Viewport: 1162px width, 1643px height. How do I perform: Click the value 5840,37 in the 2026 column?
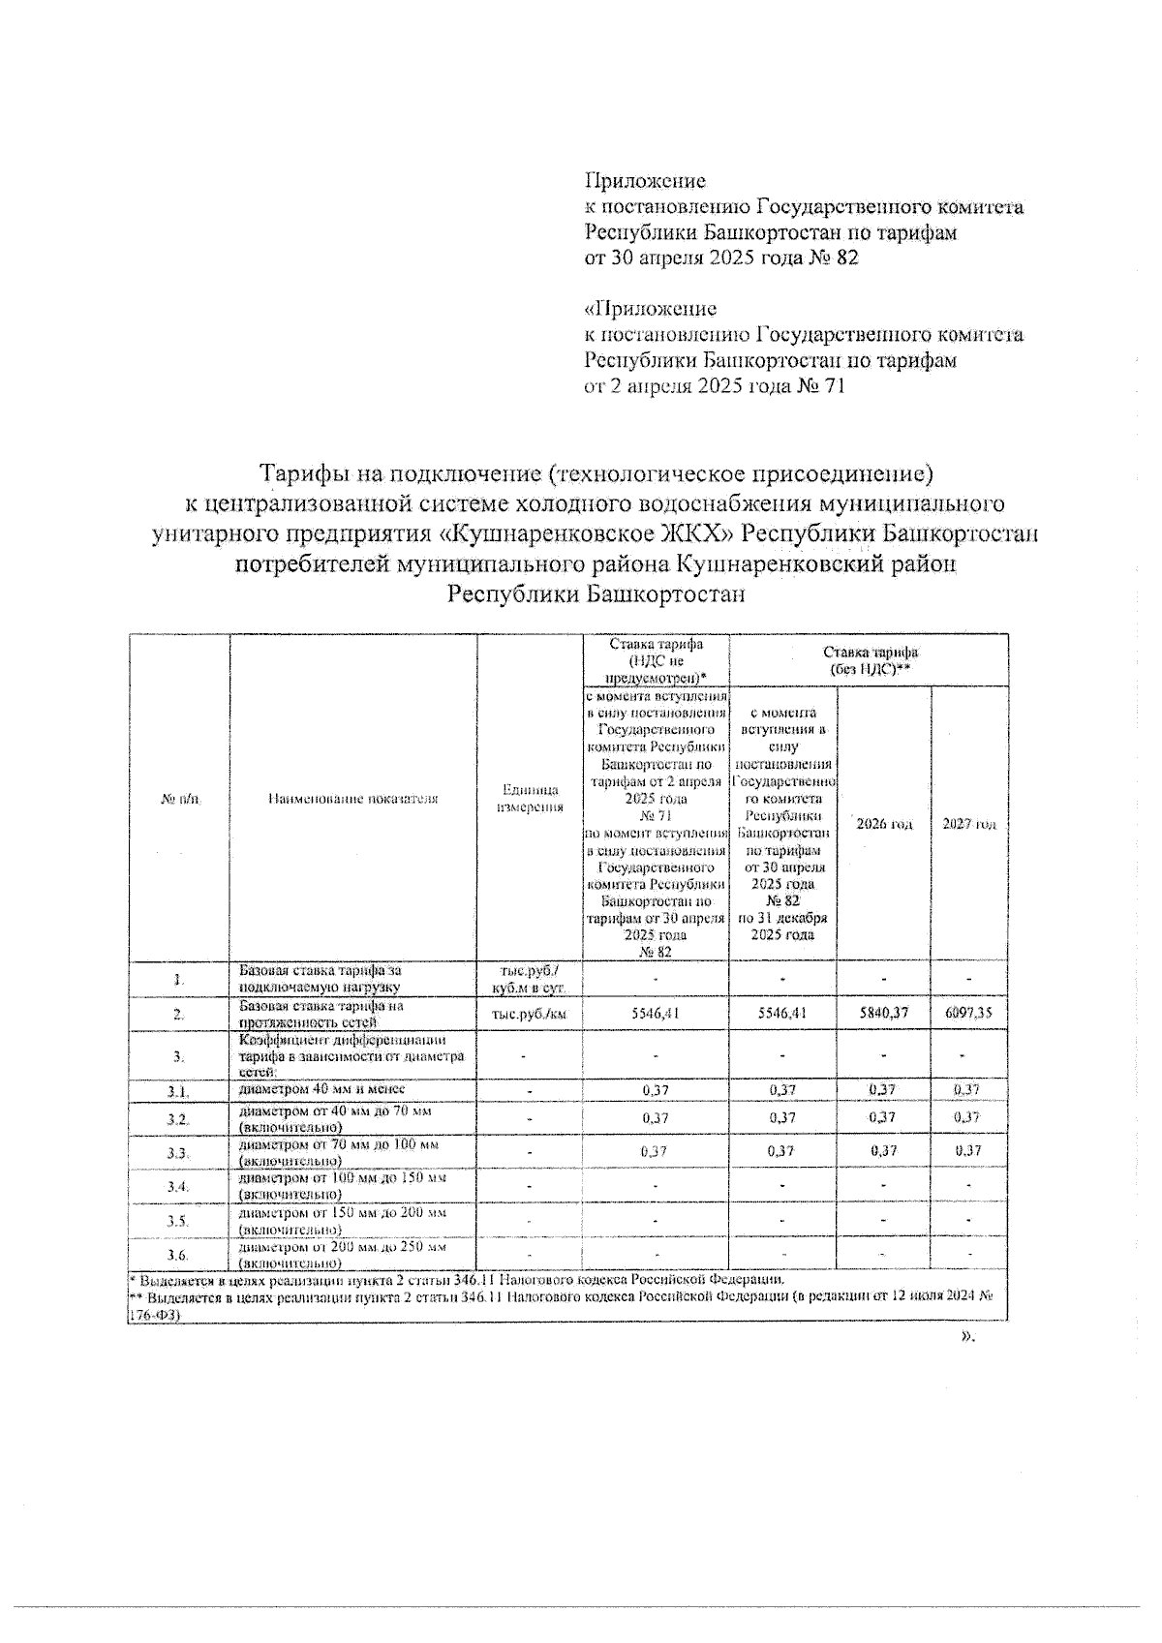(883, 1013)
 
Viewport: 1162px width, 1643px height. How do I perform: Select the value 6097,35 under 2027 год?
(967, 1013)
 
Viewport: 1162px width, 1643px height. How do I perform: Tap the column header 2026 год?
(883, 824)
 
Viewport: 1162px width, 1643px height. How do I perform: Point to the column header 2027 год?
(969, 824)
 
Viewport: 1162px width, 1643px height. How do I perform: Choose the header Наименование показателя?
(352, 799)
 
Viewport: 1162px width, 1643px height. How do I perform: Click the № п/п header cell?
(179, 799)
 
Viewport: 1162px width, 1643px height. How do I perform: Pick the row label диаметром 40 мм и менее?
(321, 1089)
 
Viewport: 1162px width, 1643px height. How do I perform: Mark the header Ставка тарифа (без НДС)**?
(869, 660)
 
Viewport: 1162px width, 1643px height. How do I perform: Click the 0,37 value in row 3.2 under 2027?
(967, 1117)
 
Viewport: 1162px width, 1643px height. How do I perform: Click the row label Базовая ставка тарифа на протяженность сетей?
(321, 1014)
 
